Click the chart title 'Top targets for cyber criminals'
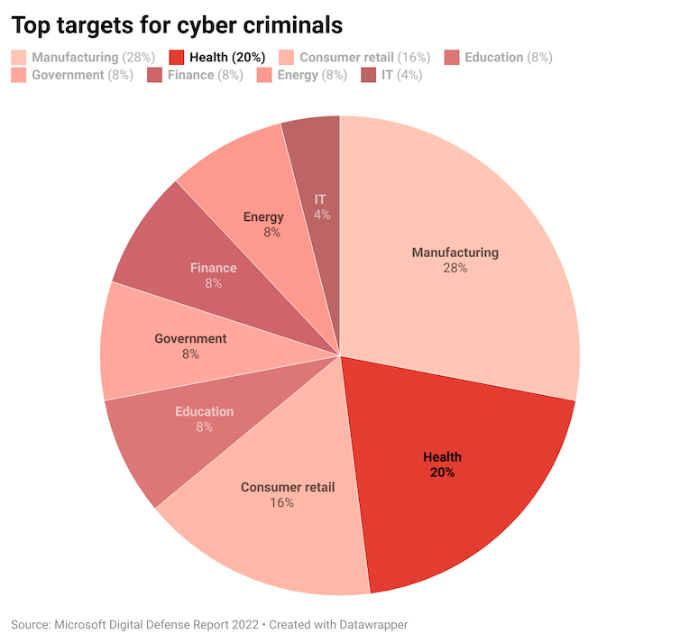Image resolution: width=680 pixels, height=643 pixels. point(176,24)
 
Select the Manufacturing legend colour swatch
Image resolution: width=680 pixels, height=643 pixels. point(19,58)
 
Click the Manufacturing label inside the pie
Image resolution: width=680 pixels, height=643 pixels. point(455,253)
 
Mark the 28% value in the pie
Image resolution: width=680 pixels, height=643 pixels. point(455,269)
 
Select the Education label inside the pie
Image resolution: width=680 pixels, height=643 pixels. point(205,411)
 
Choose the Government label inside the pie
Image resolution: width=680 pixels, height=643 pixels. point(190,339)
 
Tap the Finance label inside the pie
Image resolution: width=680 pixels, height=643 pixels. point(214,268)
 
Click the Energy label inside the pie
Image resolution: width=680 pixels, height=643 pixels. point(263,216)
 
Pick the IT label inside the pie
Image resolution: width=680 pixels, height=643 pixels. point(320,198)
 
